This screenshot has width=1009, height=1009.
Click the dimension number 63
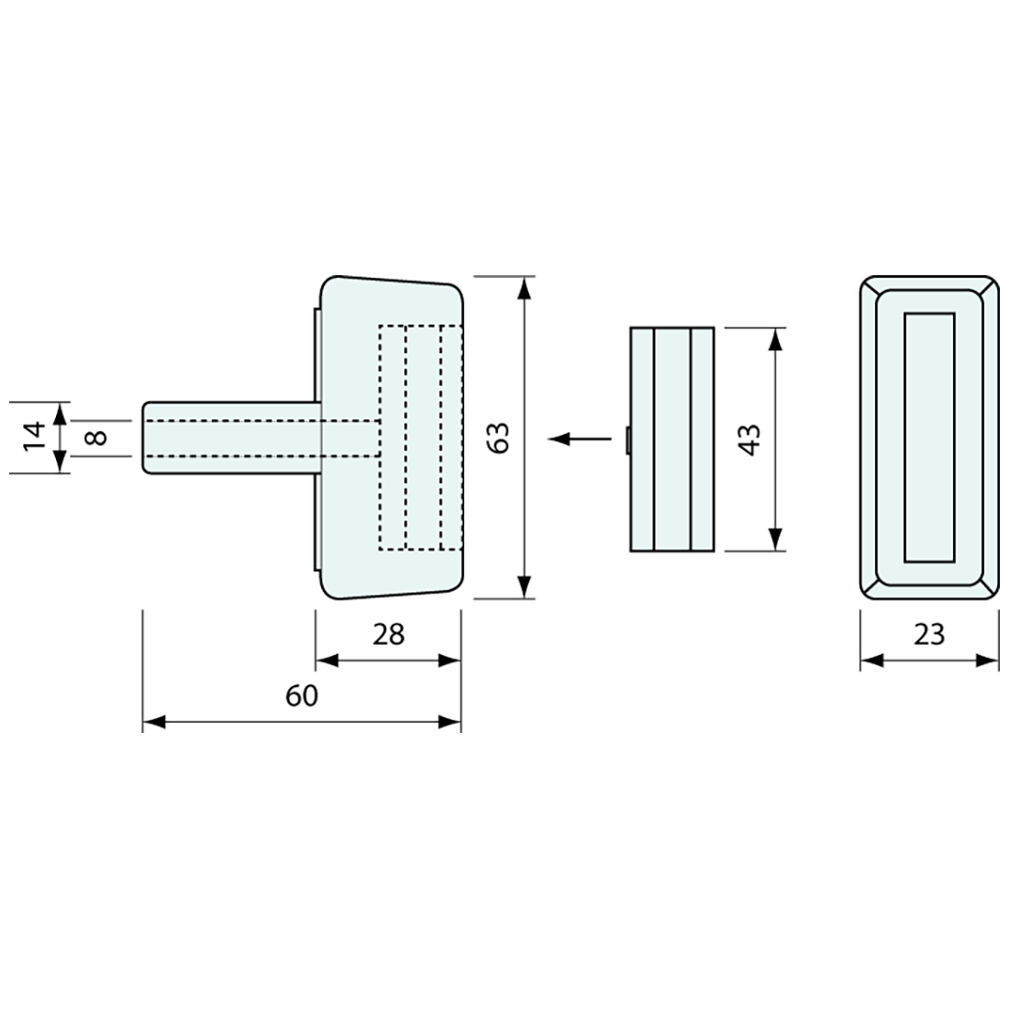[x=499, y=438]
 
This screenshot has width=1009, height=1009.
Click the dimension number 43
[x=749, y=439]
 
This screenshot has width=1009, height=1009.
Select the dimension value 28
[x=389, y=635]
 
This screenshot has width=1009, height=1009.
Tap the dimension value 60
[x=302, y=695]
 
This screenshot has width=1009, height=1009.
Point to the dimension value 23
[x=929, y=635]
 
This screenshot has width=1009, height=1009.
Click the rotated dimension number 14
[x=34, y=438]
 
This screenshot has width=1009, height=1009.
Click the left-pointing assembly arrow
[x=580, y=438]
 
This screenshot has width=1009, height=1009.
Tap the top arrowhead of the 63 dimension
[x=525, y=288]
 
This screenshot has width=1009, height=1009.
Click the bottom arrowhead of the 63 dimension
[x=525, y=586]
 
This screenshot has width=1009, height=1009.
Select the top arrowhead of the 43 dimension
[x=776, y=339]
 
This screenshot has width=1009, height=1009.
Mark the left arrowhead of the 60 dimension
[x=154, y=722]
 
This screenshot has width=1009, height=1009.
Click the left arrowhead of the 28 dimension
[x=327, y=660]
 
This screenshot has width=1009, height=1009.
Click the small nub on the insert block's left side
[x=627, y=439]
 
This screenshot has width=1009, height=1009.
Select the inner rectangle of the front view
[x=929, y=438]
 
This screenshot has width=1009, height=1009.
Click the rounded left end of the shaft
[x=146, y=438]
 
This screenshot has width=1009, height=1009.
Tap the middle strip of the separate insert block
[x=671, y=439]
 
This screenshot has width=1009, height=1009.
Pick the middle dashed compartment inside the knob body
[x=424, y=438]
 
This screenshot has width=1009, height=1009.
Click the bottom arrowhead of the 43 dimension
[x=776, y=539]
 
